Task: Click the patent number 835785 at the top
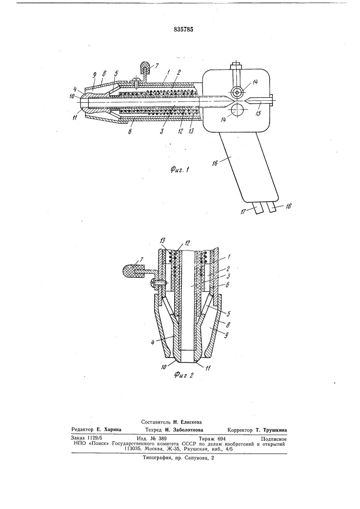[x=183, y=29]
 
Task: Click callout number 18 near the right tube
[x=288, y=207]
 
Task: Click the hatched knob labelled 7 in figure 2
[x=132, y=271]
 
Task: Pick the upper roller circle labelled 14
[x=238, y=93]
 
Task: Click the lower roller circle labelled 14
[x=238, y=110]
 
